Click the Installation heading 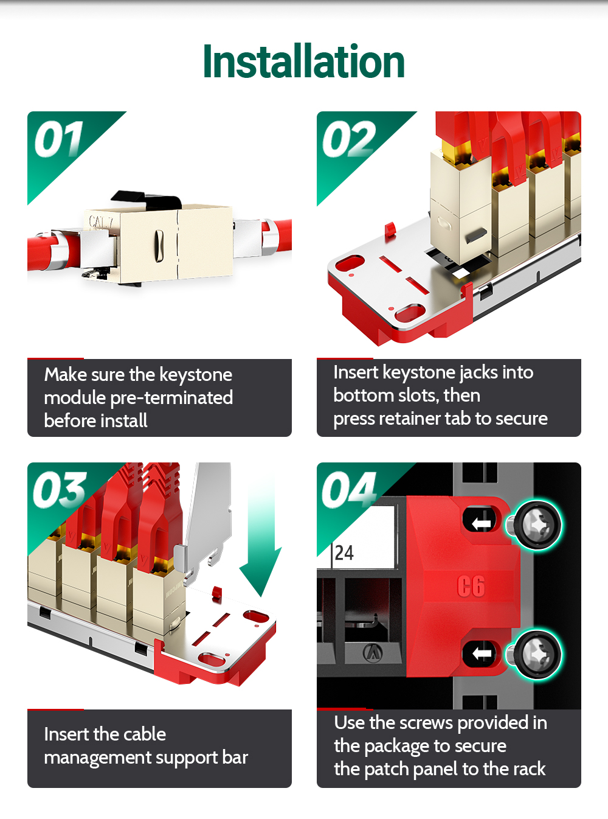pyautogui.click(x=303, y=61)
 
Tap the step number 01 pyautogui.click(x=59, y=139)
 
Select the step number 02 pyautogui.click(x=349, y=139)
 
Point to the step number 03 pyautogui.click(x=60, y=490)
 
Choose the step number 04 pyautogui.click(x=349, y=490)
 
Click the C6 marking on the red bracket pyautogui.click(x=471, y=586)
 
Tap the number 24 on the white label pyautogui.click(x=344, y=552)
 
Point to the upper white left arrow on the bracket pyautogui.click(x=482, y=523)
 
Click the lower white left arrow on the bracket pyautogui.click(x=482, y=653)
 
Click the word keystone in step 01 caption pyautogui.click(x=196, y=375)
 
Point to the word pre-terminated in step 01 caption pyautogui.click(x=171, y=399)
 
